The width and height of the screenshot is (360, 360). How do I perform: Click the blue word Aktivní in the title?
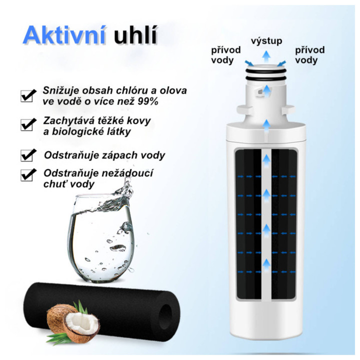[x=64, y=35]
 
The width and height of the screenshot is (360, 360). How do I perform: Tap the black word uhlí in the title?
[x=135, y=35]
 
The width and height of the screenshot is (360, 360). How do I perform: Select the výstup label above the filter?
[x=266, y=41]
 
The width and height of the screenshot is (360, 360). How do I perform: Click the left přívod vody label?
[x=225, y=55]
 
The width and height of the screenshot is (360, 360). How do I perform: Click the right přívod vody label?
[x=309, y=55]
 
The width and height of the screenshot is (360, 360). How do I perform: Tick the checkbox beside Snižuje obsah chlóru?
[x=28, y=95]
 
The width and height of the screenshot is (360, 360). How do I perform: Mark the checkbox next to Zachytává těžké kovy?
[x=28, y=124]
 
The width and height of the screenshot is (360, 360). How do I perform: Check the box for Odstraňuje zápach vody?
[x=28, y=155]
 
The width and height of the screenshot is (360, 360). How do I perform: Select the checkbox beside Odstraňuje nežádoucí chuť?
[x=28, y=175]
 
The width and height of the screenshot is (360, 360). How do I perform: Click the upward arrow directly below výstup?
[x=266, y=56]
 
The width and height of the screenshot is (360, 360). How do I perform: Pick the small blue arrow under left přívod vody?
[x=249, y=63]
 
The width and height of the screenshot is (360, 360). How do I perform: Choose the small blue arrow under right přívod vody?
[x=281, y=63]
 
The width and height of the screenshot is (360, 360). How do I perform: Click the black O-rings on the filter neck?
[x=266, y=74]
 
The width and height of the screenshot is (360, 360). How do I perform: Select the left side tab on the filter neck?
[x=244, y=109]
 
